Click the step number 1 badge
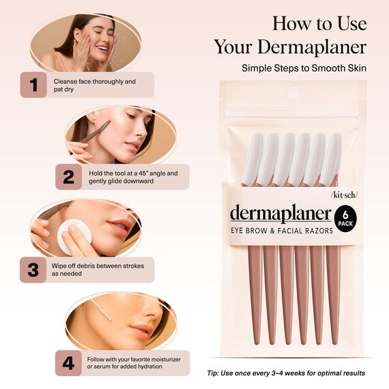point(33,85)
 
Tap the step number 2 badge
point(68,177)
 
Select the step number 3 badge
point(33,270)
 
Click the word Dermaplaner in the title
point(290,46)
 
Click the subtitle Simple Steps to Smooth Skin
point(304,68)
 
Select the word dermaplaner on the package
point(280,214)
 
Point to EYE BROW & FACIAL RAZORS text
point(281,231)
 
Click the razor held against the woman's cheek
point(96,130)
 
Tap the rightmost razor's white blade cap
point(332,159)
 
